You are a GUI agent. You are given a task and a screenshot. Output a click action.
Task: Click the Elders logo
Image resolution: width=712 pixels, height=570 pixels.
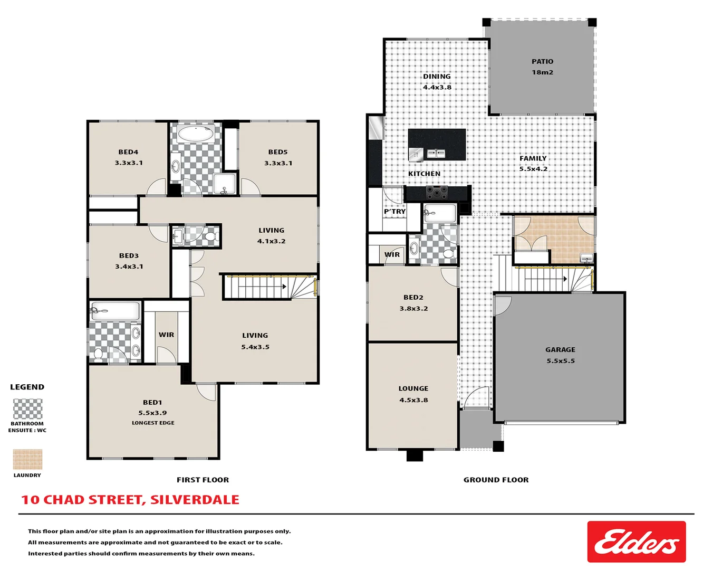(x=636, y=541)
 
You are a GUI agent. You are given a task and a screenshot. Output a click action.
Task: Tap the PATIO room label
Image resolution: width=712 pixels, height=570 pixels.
(x=542, y=62)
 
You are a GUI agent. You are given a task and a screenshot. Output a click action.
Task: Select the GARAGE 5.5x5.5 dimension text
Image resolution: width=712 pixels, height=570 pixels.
(x=560, y=361)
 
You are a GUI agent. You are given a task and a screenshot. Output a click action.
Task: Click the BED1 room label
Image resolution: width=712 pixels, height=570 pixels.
(x=152, y=402)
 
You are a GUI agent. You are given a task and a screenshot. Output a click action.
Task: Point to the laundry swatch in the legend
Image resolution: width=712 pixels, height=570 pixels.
(x=27, y=459)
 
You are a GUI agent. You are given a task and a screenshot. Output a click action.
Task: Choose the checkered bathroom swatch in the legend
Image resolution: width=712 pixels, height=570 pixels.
(x=27, y=408)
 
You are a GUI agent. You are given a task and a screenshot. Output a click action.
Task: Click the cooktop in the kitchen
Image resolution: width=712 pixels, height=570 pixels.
(x=437, y=193)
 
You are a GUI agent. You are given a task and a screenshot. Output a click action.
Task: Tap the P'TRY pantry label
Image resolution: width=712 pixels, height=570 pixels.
(x=395, y=212)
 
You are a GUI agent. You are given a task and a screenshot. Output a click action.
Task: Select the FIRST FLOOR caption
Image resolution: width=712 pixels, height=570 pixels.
(x=203, y=480)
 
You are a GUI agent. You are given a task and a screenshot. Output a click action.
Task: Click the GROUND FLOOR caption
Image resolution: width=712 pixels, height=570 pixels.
(x=496, y=480)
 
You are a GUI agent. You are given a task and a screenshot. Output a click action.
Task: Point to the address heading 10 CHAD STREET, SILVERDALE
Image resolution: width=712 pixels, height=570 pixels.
(x=130, y=500)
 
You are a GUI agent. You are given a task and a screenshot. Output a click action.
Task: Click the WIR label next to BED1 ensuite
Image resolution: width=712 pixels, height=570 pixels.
(x=166, y=335)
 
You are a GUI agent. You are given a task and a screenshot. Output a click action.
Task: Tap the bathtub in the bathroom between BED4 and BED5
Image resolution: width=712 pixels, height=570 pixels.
(x=195, y=133)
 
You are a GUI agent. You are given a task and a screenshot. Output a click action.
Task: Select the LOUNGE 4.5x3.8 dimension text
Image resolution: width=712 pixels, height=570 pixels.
(x=413, y=400)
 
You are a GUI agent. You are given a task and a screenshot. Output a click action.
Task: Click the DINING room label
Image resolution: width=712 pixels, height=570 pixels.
(x=437, y=77)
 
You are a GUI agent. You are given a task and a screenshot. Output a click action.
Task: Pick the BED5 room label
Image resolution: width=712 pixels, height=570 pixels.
(x=278, y=152)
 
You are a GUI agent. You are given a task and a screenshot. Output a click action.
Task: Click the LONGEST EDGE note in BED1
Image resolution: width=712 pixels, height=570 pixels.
(x=153, y=423)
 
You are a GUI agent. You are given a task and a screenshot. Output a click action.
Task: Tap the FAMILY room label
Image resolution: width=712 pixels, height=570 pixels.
(x=533, y=158)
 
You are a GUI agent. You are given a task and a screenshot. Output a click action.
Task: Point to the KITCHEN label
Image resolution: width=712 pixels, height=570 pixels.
(x=424, y=174)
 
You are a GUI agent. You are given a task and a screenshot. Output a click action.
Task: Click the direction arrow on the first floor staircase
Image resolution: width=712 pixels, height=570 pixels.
(x=284, y=287)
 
